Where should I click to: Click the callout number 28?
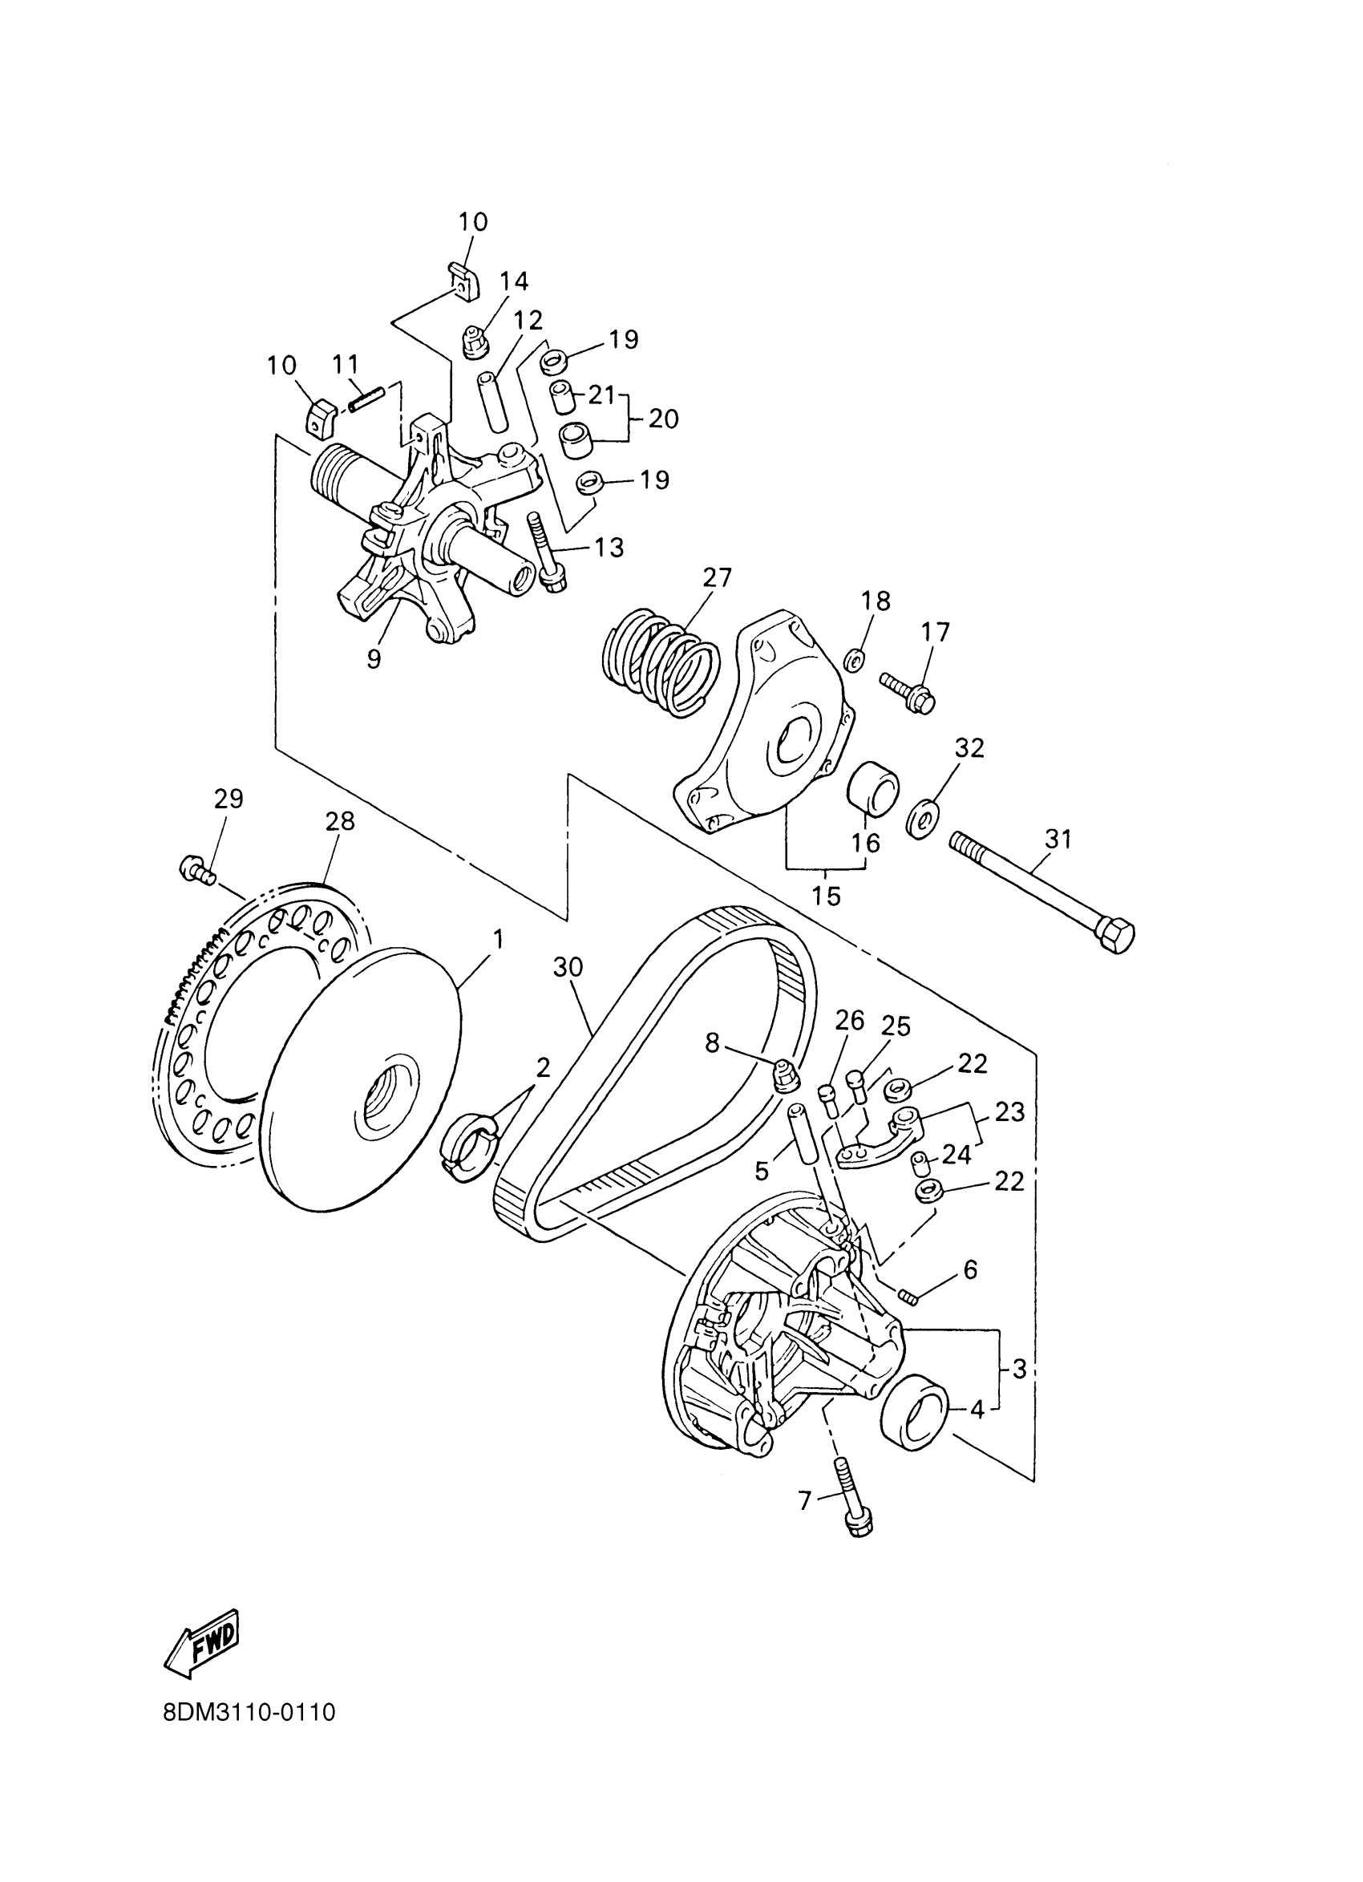coord(340,821)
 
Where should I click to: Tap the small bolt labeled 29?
coord(196,870)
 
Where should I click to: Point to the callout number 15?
coord(827,896)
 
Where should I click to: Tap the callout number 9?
coord(374,659)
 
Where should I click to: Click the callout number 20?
coord(664,419)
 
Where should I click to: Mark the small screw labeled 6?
coord(907,1294)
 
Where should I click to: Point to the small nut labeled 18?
coord(855,661)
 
